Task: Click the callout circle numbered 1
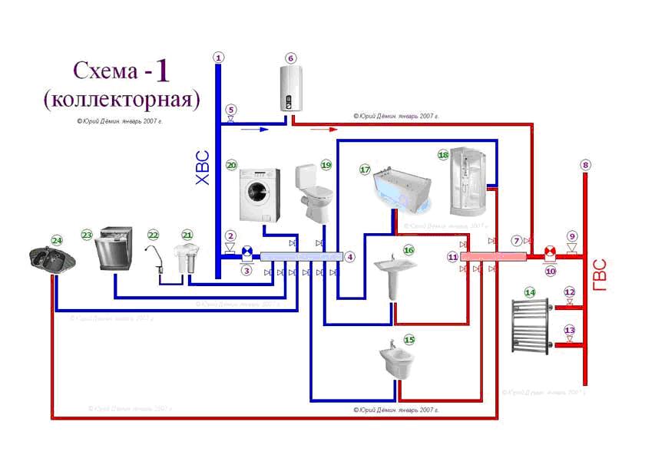pos(219,58)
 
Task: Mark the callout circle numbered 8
pos(586,164)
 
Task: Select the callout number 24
pos(56,239)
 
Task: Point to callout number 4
pos(350,257)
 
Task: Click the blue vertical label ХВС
pos(203,168)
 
